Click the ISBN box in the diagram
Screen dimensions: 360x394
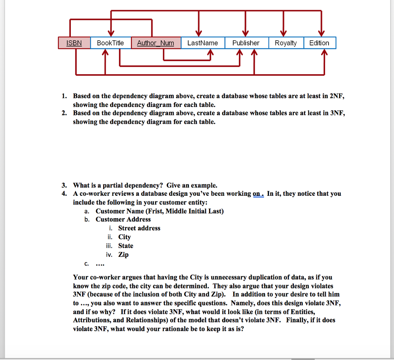pos(74,43)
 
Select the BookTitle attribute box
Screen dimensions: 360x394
pos(110,43)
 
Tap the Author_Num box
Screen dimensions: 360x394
pos(155,43)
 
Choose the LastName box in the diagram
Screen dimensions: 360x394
pos(202,43)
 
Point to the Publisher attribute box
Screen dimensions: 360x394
pos(246,43)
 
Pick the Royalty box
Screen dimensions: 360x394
pos(285,43)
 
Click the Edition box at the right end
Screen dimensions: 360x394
pos(319,43)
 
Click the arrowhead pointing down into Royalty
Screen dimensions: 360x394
pos(283,33)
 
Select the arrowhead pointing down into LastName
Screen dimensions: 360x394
pos(199,33)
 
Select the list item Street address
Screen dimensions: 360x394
pos(139,228)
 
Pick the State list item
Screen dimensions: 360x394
pos(125,246)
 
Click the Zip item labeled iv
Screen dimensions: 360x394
pos(123,255)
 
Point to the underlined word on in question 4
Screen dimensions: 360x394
pos(257,193)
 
